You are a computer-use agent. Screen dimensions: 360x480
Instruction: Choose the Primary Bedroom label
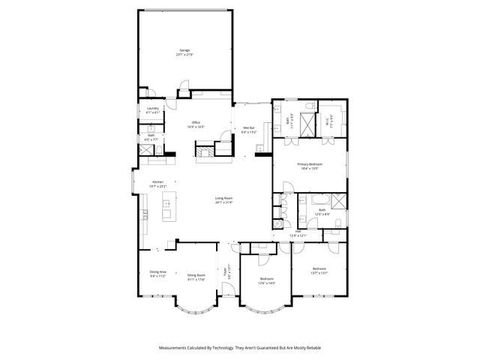pos(308,166)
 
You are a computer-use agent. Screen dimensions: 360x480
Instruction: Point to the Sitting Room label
pos(196,277)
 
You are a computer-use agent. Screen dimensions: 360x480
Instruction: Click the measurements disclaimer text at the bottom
pos(240,347)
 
